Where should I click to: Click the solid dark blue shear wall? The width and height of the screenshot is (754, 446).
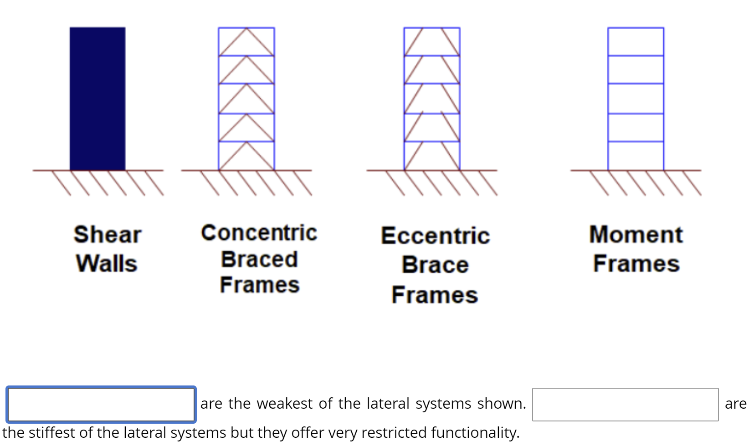point(97,99)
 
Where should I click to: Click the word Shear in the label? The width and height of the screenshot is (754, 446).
point(108,234)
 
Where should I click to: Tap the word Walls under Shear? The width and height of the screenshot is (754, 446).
point(107,264)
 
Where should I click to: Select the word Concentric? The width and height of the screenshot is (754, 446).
point(259,233)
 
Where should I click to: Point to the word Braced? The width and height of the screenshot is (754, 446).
point(259,259)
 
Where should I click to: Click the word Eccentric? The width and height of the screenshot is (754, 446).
point(435,236)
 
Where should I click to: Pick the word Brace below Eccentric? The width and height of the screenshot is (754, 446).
point(435,265)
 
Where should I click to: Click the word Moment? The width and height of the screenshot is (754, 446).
point(636,234)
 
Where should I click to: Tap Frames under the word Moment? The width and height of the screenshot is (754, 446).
point(636,264)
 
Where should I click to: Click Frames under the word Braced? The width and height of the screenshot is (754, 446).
point(260,285)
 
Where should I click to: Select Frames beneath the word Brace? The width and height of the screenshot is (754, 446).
point(435,295)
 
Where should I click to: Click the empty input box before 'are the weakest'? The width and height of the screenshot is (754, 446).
point(101,404)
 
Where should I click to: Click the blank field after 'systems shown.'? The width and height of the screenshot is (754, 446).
point(625,404)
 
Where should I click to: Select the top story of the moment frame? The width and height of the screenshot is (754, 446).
point(636,42)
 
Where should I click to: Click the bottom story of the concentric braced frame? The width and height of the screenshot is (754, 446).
point(246,156)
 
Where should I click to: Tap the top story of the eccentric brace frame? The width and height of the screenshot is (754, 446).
point(432,42)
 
